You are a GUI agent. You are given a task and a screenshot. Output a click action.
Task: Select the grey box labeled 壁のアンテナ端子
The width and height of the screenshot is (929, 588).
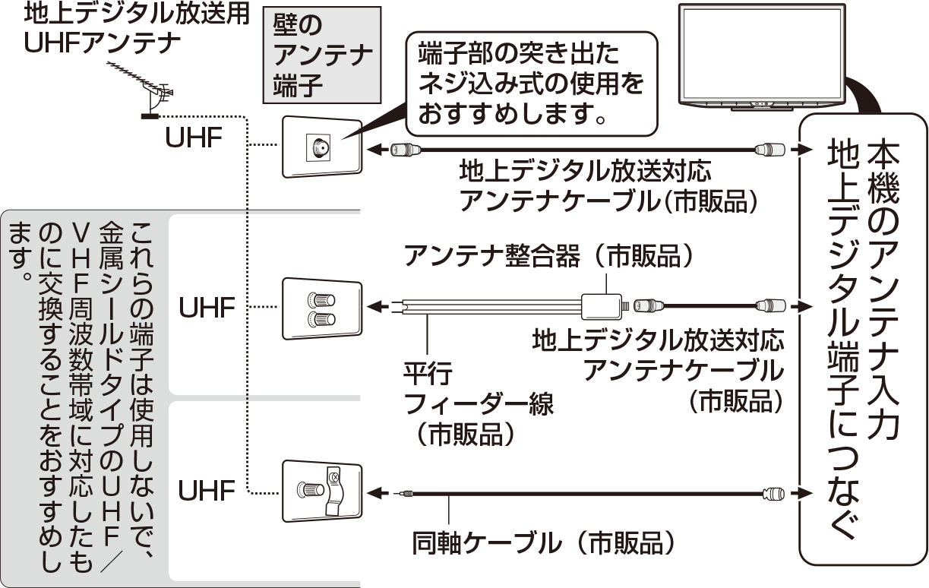[322, 55]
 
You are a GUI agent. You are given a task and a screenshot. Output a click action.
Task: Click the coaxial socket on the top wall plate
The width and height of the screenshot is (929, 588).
[321, 147]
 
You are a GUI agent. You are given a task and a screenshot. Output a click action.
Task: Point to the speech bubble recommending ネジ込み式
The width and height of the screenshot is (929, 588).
[532, 84]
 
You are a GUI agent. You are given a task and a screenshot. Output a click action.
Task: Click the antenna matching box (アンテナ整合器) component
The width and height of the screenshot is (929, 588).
[602, 306]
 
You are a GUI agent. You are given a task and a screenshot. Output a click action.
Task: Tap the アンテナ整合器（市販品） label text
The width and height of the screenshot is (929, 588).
[548, 255]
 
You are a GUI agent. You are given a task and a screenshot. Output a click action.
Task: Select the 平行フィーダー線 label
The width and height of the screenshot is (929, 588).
[477, 404]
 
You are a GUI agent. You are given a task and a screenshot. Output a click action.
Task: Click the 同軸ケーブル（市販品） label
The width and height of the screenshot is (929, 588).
[543, 543]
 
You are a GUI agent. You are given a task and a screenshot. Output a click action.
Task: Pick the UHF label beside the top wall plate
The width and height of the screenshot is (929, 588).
[194, 138]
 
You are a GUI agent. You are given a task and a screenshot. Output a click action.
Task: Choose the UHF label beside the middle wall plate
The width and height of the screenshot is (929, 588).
[207, 307]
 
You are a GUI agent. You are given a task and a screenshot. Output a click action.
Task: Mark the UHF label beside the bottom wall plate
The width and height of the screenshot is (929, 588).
[207, 491]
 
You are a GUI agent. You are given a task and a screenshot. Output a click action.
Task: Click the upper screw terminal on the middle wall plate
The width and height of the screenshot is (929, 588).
[321, 299]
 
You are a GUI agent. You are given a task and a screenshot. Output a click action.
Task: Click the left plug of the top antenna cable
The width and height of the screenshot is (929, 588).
[406, 150]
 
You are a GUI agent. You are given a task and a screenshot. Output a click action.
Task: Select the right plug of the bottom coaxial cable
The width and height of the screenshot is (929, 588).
[774, 494]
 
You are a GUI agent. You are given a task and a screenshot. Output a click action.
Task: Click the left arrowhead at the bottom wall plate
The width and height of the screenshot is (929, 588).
[374, 494]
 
